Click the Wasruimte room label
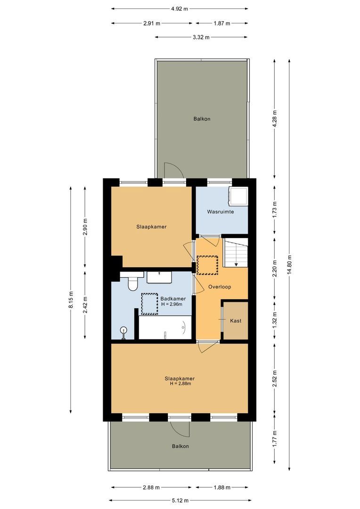221,212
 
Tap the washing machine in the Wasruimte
237,197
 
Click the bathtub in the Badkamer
165,328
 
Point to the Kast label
236,320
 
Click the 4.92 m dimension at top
180,8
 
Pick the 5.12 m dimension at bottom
180,501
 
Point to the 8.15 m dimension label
70,299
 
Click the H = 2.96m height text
173,304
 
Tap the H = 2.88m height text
180,384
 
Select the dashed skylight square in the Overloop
207,265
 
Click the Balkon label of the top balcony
202,119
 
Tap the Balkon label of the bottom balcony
180,446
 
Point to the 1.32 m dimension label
275,320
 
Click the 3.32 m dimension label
201,37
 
